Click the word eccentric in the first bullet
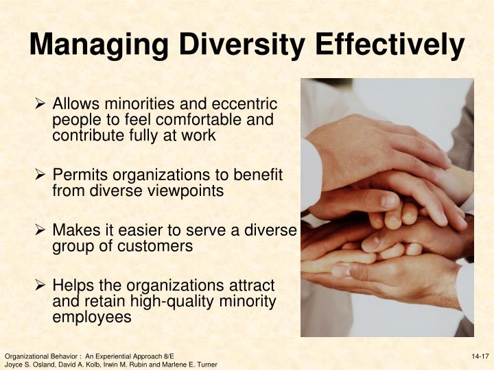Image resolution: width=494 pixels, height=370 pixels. point(246,105)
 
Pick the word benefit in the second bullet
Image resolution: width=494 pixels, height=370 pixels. point(261,176)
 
